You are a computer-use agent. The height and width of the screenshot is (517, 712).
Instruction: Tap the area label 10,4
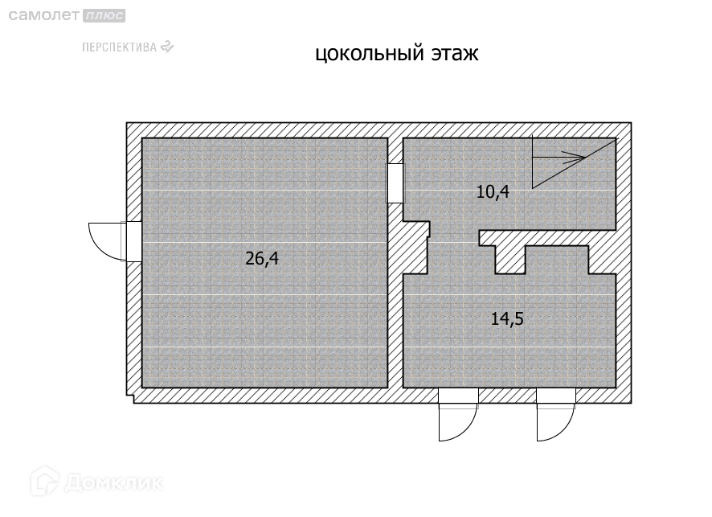(493, 192)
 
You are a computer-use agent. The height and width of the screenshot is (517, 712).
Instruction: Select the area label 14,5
(507, 318)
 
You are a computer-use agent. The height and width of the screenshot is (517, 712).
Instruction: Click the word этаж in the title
(454, 55)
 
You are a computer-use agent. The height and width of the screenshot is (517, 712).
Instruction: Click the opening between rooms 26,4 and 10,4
(395, 183)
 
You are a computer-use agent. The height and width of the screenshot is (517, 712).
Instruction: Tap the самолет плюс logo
(63, 15)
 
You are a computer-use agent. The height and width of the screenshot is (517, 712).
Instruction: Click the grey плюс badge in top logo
(105, 15)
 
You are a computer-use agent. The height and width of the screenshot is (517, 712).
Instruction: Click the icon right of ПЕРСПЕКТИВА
(166, 46)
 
